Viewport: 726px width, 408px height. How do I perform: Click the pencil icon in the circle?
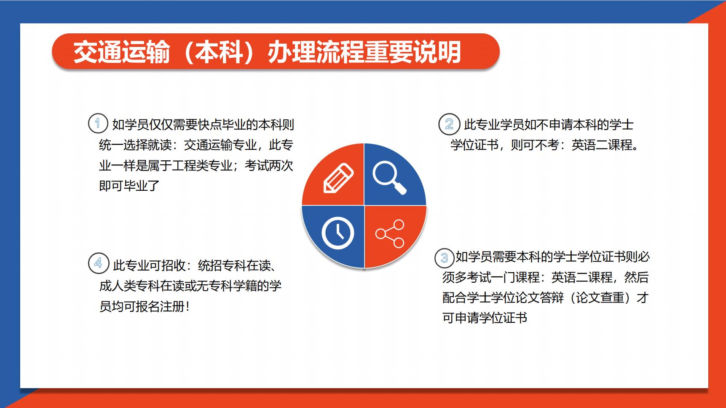click(x=338, y=178)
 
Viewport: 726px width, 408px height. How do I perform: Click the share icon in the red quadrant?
click(x=390, y=233)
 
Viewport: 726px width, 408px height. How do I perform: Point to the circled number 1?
click(x=98, y=123)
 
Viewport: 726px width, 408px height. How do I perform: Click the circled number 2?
click(x=449, y=124)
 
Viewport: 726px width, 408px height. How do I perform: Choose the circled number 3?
click(x=445, y=257)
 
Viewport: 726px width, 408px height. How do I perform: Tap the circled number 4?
click(x=98, y=263)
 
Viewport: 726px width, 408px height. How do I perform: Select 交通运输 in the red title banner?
click(x=122, y=52)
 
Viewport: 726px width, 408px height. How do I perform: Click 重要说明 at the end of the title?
click(x=413, y=52)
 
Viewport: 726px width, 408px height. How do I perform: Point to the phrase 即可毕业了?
click(x=129, y=186)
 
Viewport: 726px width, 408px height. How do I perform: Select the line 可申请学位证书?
click(x=485, y=318)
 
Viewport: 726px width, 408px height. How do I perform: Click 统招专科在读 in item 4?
click(x=234, y=265)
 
